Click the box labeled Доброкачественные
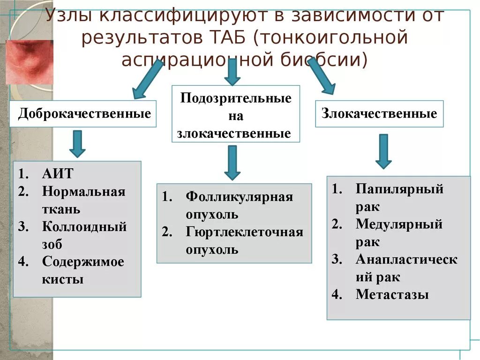coord(84,114)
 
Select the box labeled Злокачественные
coord(379,113)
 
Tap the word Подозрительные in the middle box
coord(236,98)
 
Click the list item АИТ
coord(57,173)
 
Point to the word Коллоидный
coord(84,227)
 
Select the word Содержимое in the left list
coord(83,262)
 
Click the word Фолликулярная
coord(239,196)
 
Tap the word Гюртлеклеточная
coord(244,232)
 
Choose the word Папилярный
coord(399,189)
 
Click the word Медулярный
coord(399,224)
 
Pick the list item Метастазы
coord(392,294)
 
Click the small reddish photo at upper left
coord(29,62)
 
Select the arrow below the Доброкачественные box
coord(77,143)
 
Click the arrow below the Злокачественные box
coord(383,151)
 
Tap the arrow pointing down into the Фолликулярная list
coord(232,162)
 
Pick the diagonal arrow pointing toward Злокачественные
coord(321,75)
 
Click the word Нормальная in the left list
coord(83,192)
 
